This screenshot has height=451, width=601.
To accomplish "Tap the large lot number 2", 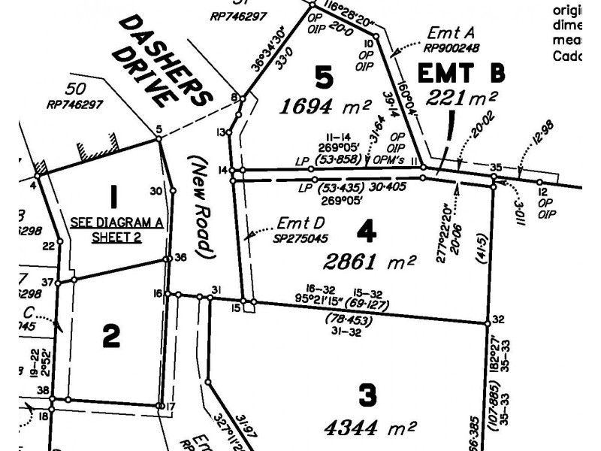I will pos(110,336).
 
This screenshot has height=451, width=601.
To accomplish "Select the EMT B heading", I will pos(461,74).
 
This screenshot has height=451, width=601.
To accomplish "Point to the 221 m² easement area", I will pos(462,98).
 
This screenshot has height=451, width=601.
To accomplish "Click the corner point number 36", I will pos(180,258).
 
